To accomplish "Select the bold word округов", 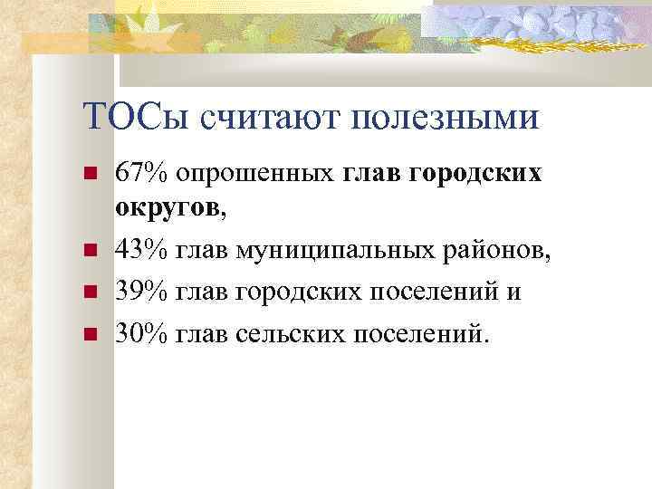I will (167, 209).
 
